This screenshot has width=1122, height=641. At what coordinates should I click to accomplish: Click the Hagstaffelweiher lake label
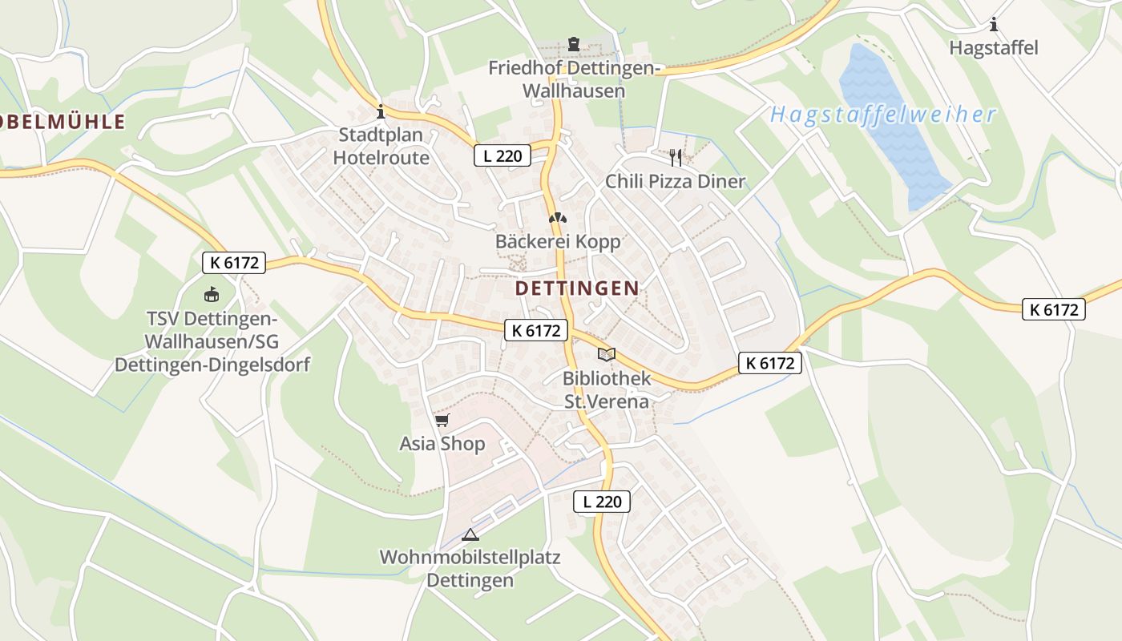click(x=883, y=115)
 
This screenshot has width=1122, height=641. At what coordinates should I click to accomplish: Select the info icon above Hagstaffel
click(x=994, y=25)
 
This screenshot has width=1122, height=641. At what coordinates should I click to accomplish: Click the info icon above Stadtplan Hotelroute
click(x=381, y=111)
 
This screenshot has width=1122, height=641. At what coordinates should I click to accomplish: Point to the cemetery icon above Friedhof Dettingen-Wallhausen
click(x=573, y=43)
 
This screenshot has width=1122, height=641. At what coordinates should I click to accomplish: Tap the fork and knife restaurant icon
click(x=676, y=157)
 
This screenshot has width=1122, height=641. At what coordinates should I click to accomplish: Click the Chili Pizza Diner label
click(x=675, y=181)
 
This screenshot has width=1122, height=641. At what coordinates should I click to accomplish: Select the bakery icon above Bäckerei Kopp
click(x=558, y=217)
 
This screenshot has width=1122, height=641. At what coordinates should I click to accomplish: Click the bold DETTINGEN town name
click(x=577, y=288)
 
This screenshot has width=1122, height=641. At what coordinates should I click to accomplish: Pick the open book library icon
click(x=607, y=354)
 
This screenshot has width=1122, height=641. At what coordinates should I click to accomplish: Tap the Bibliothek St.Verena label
click(x=606, y=389)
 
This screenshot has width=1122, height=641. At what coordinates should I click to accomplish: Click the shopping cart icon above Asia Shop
click(x=442, y=420)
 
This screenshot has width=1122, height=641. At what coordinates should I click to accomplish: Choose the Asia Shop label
click(x=442, y=444)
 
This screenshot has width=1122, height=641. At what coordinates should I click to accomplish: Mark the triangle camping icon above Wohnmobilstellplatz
click(x=470, y=534)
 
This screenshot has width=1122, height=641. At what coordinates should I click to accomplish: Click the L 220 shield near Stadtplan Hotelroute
click(x=502, y=155)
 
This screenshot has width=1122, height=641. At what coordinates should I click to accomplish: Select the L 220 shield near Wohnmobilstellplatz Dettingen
click(x=602, y=502)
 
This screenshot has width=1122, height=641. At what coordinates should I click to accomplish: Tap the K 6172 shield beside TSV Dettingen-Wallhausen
click(x=233, y=262)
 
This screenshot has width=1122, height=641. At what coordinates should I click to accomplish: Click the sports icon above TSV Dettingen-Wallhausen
click(x=212, y=294)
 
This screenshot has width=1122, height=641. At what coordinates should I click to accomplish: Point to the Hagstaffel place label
click(x=993, y=48)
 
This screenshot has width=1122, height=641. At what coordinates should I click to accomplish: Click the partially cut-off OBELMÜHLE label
click(x=63, y=122)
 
